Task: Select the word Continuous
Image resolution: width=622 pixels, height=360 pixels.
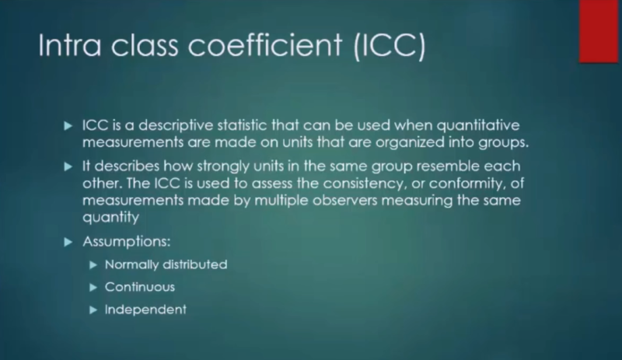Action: [140, 286]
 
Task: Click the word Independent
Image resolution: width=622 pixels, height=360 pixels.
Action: [145, 309]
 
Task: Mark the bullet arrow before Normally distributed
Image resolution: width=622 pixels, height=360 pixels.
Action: [95, 264]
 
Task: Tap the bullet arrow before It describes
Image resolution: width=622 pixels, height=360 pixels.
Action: [72, 166]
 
